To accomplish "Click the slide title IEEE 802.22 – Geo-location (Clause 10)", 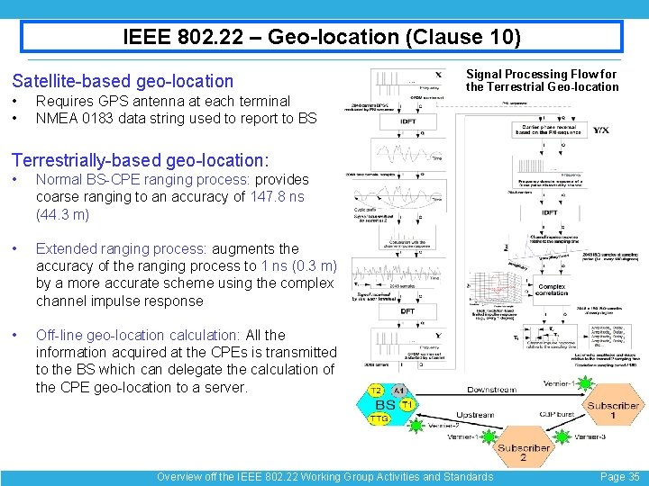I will point(322,37).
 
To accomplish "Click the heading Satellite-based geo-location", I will point(122,81).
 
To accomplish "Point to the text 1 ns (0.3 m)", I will point(298,265).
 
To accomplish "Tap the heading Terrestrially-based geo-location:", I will point(140,160).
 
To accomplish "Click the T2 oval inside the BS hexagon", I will point(375,390).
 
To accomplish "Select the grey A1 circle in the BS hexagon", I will point(399,390).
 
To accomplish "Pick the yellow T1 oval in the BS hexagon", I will point(407,405).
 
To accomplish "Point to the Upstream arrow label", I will point(475,415).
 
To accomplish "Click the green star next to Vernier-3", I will point(562,436).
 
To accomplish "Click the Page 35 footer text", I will point(619,477).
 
